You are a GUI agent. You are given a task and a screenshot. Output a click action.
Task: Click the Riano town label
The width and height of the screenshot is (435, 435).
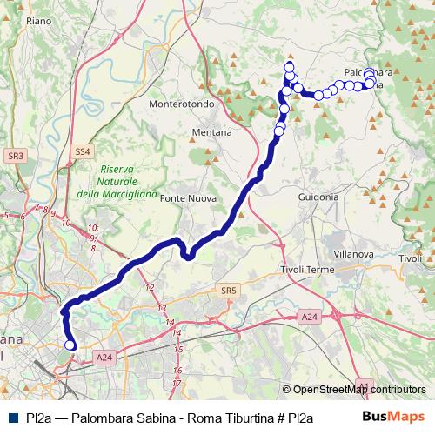40,19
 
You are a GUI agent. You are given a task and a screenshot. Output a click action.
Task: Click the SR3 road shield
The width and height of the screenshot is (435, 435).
15,155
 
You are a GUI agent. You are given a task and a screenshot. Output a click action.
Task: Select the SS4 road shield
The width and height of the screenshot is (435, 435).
82,151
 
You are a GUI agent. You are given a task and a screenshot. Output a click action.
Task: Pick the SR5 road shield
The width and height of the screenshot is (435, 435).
228,291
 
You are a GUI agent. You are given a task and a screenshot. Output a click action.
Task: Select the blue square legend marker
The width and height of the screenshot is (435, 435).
10,417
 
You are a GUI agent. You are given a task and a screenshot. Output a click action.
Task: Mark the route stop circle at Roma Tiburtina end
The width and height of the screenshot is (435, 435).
70,345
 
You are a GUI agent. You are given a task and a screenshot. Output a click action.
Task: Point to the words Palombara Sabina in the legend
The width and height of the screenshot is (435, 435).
122,417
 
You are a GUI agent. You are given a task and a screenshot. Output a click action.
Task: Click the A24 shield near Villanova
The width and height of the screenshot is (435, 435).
310,318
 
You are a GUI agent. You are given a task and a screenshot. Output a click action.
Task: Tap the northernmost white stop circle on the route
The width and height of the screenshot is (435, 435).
290,65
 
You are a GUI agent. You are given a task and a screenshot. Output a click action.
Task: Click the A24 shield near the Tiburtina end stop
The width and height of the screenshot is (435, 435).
104,357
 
